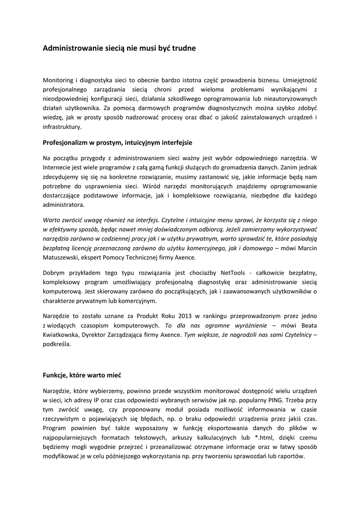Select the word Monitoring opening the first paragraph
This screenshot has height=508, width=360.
point(59,80)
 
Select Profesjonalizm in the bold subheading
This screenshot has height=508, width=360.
point(67,143)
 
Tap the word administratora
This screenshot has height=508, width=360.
point(64,205)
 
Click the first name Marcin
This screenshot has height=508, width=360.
point(306,248)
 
